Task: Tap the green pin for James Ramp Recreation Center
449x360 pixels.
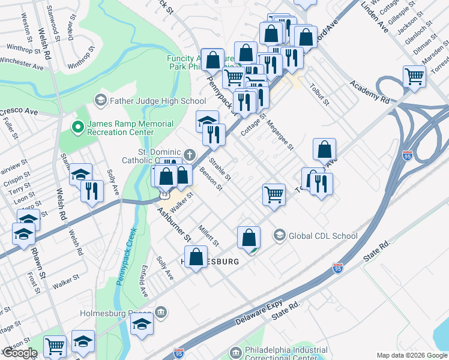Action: tap(77, 127)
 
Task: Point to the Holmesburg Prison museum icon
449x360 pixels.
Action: tap(161, 311)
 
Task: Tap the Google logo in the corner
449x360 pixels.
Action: tap(19, 353)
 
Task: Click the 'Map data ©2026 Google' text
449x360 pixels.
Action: tap(412, 355)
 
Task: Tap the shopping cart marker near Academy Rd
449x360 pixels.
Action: tap(414, 77)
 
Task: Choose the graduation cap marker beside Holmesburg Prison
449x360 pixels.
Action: tap(142, 325)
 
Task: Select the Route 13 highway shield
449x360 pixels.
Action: tap(163, 195)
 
